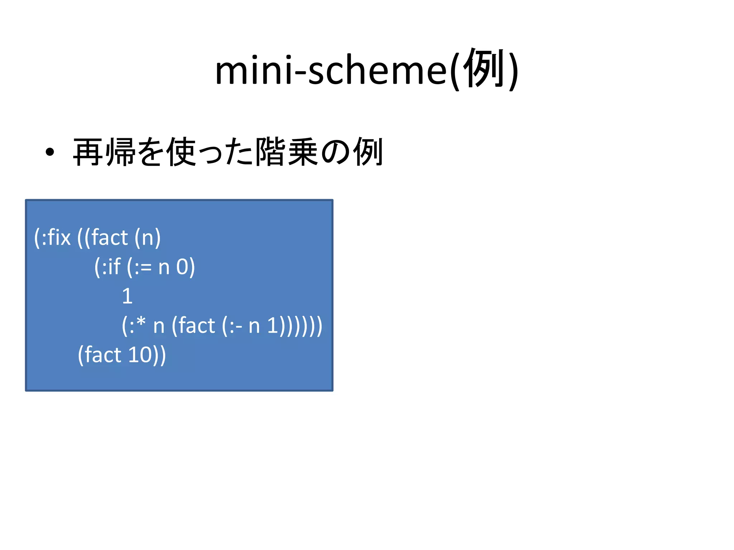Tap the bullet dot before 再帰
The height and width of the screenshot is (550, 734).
(50, 152)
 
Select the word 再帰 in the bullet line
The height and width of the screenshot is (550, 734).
(104, 152)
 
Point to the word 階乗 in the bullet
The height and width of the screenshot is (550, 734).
(286, 152)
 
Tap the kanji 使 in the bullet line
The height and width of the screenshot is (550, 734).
(181, 152)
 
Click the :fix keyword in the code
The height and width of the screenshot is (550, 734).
(56, 237)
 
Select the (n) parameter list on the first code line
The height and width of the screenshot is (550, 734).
(148, 237)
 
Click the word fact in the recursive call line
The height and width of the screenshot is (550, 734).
(197, 326)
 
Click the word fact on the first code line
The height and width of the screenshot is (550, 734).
(110, 237)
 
